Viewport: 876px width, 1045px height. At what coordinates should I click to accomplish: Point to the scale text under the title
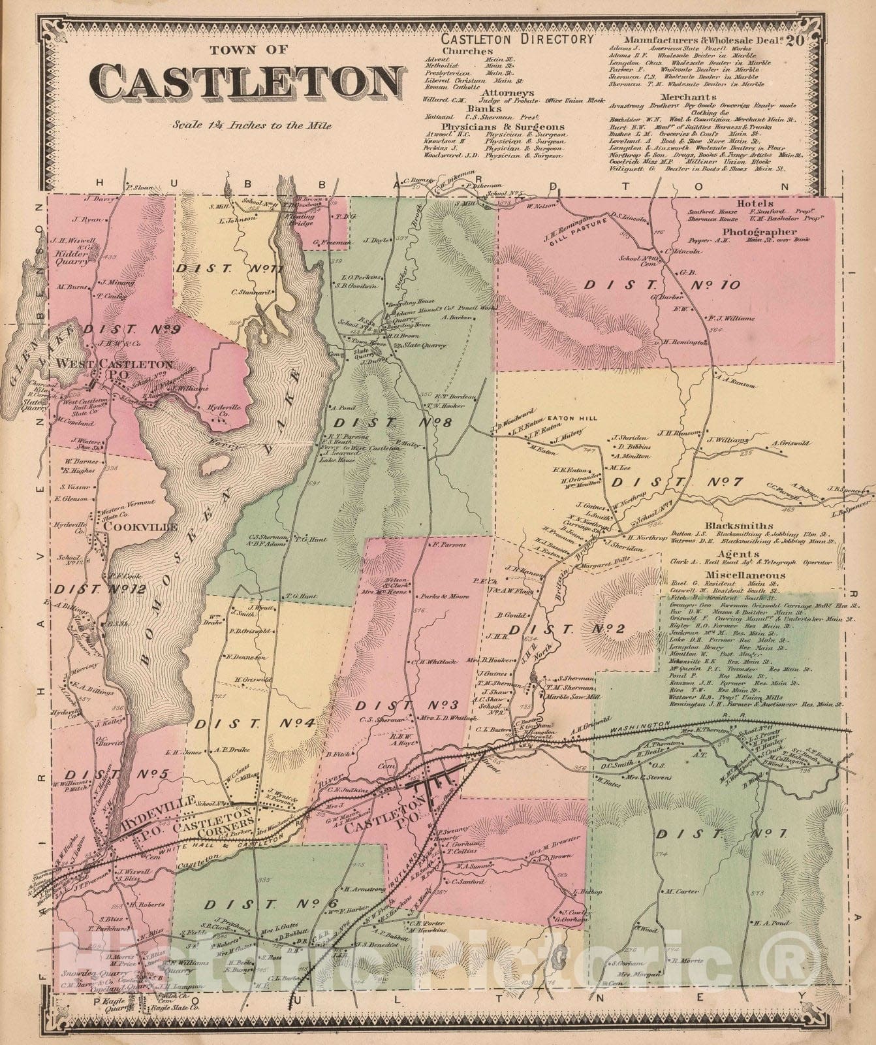tap(252, 125)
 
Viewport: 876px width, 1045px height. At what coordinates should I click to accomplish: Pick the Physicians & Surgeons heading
tap(503, 126)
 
